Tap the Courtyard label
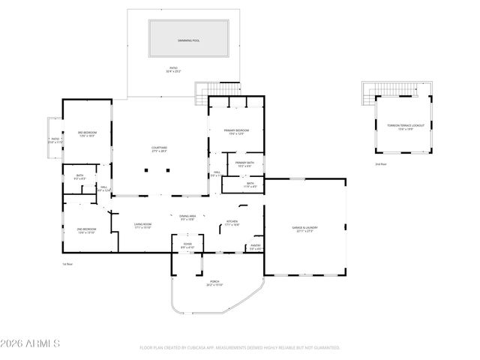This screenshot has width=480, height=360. (x=159, y=148)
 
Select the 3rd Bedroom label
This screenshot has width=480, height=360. (x=86, y=134)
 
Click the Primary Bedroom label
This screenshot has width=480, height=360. (x=236, y=130)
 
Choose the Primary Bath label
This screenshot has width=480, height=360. (x=244, y=163)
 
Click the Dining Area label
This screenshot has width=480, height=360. (x=187, y=216)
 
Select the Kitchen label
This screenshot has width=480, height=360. (x=232, y=222)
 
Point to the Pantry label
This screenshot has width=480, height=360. (x=255, y=245)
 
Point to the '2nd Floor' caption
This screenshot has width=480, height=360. (x=381, y=163)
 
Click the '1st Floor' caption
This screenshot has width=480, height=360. (x=67, y=264)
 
